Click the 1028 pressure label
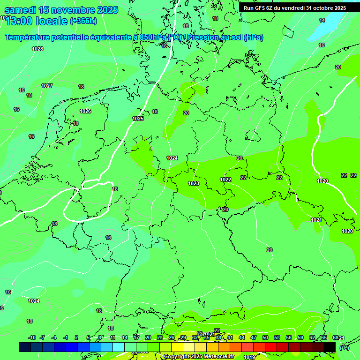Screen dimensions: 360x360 37,49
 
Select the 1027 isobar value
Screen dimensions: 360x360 46,86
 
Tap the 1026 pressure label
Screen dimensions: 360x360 85,111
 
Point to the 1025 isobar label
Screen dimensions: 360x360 138,119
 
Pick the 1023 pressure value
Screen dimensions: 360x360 194,183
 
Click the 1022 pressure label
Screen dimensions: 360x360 225,180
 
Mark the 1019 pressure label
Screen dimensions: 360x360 249,357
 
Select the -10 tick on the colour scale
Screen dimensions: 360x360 32,337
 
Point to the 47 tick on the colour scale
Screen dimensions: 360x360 254,337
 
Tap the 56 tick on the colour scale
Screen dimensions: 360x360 288,337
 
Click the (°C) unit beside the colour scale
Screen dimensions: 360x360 344,347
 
